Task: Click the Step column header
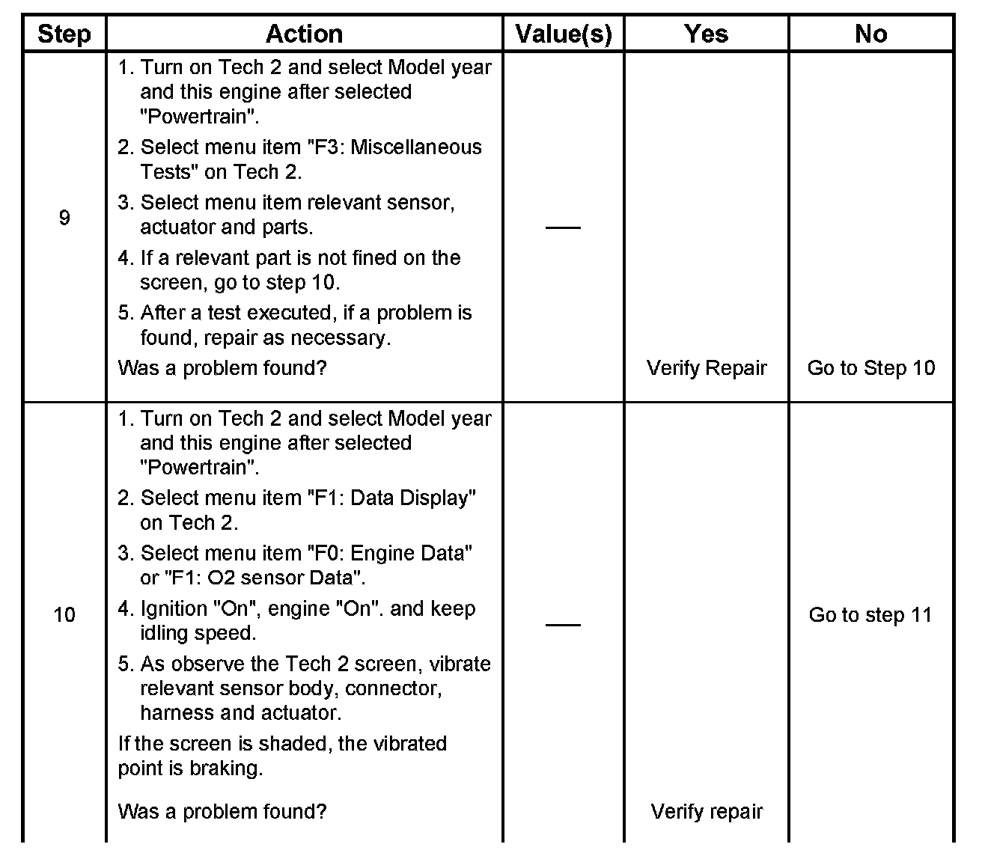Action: [x=64, y=34]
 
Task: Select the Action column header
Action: [x=304, y=34]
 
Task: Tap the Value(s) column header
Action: [x=563, y=34]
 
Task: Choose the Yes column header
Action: [x=706, y=34]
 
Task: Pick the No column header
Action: [x=870, y=34]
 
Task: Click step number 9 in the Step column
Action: [x=64, y=218]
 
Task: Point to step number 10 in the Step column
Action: [x=64, y=615]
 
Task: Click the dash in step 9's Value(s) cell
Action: [x=563, y=227]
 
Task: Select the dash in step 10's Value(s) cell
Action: [x=563, y=624]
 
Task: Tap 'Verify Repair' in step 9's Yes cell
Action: [x=707, y=368]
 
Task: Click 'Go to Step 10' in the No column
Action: [x=871, y=368]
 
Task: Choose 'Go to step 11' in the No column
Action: [x=870, y=615]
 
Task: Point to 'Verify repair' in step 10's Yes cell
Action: [x=707, y=812]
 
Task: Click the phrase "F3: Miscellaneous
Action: [x=394, y=147]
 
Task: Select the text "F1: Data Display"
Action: [x=391, y=498]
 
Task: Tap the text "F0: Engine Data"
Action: [x=389, y=554]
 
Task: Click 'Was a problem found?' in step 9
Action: [x=222, y=368]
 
